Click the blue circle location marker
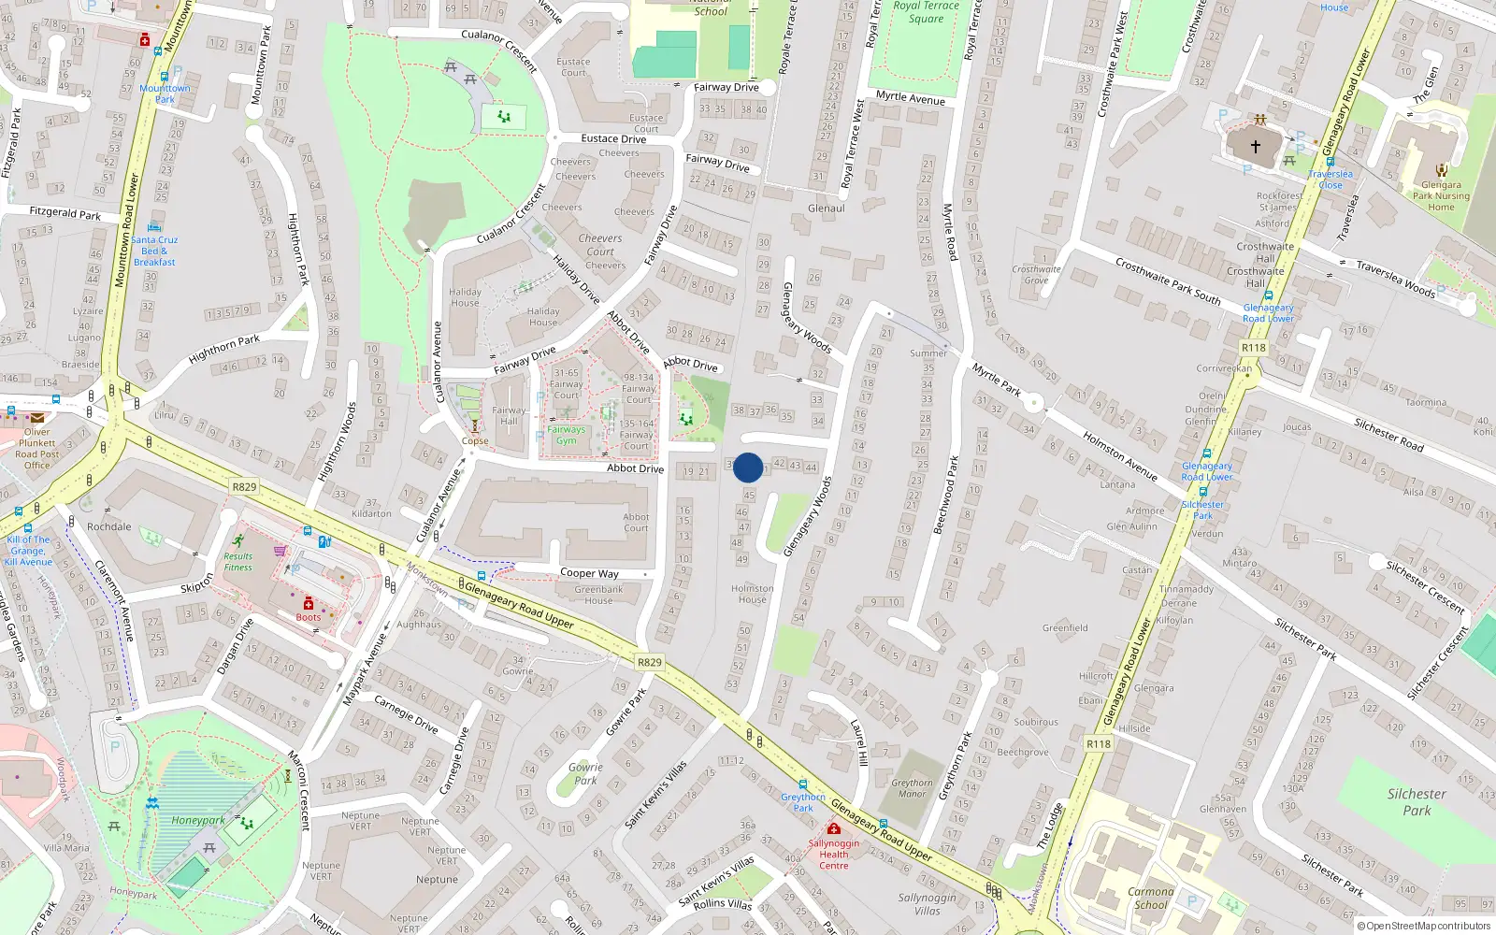coord(748,467)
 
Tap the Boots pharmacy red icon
coord(309,604)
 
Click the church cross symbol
coord(1256,146)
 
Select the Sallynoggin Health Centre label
coord(834,854)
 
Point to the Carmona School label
coord(1150,898)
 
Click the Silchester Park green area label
coord(1417,802)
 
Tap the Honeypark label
coord(197,820)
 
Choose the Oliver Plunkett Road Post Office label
coord(37,449)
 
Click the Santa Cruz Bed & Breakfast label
coord(154,251)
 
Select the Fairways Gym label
coord(567,435)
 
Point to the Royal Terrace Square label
coord(926,11)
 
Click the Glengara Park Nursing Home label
coord(1441,195)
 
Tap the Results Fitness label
coord(237,561)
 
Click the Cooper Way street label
coord(589,573)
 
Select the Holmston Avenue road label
coord(1119,455)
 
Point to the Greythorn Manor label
coord(912,788)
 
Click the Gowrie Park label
coord(585,773)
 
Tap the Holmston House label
coord(752,594)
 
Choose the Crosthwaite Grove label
coord(1036,274)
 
